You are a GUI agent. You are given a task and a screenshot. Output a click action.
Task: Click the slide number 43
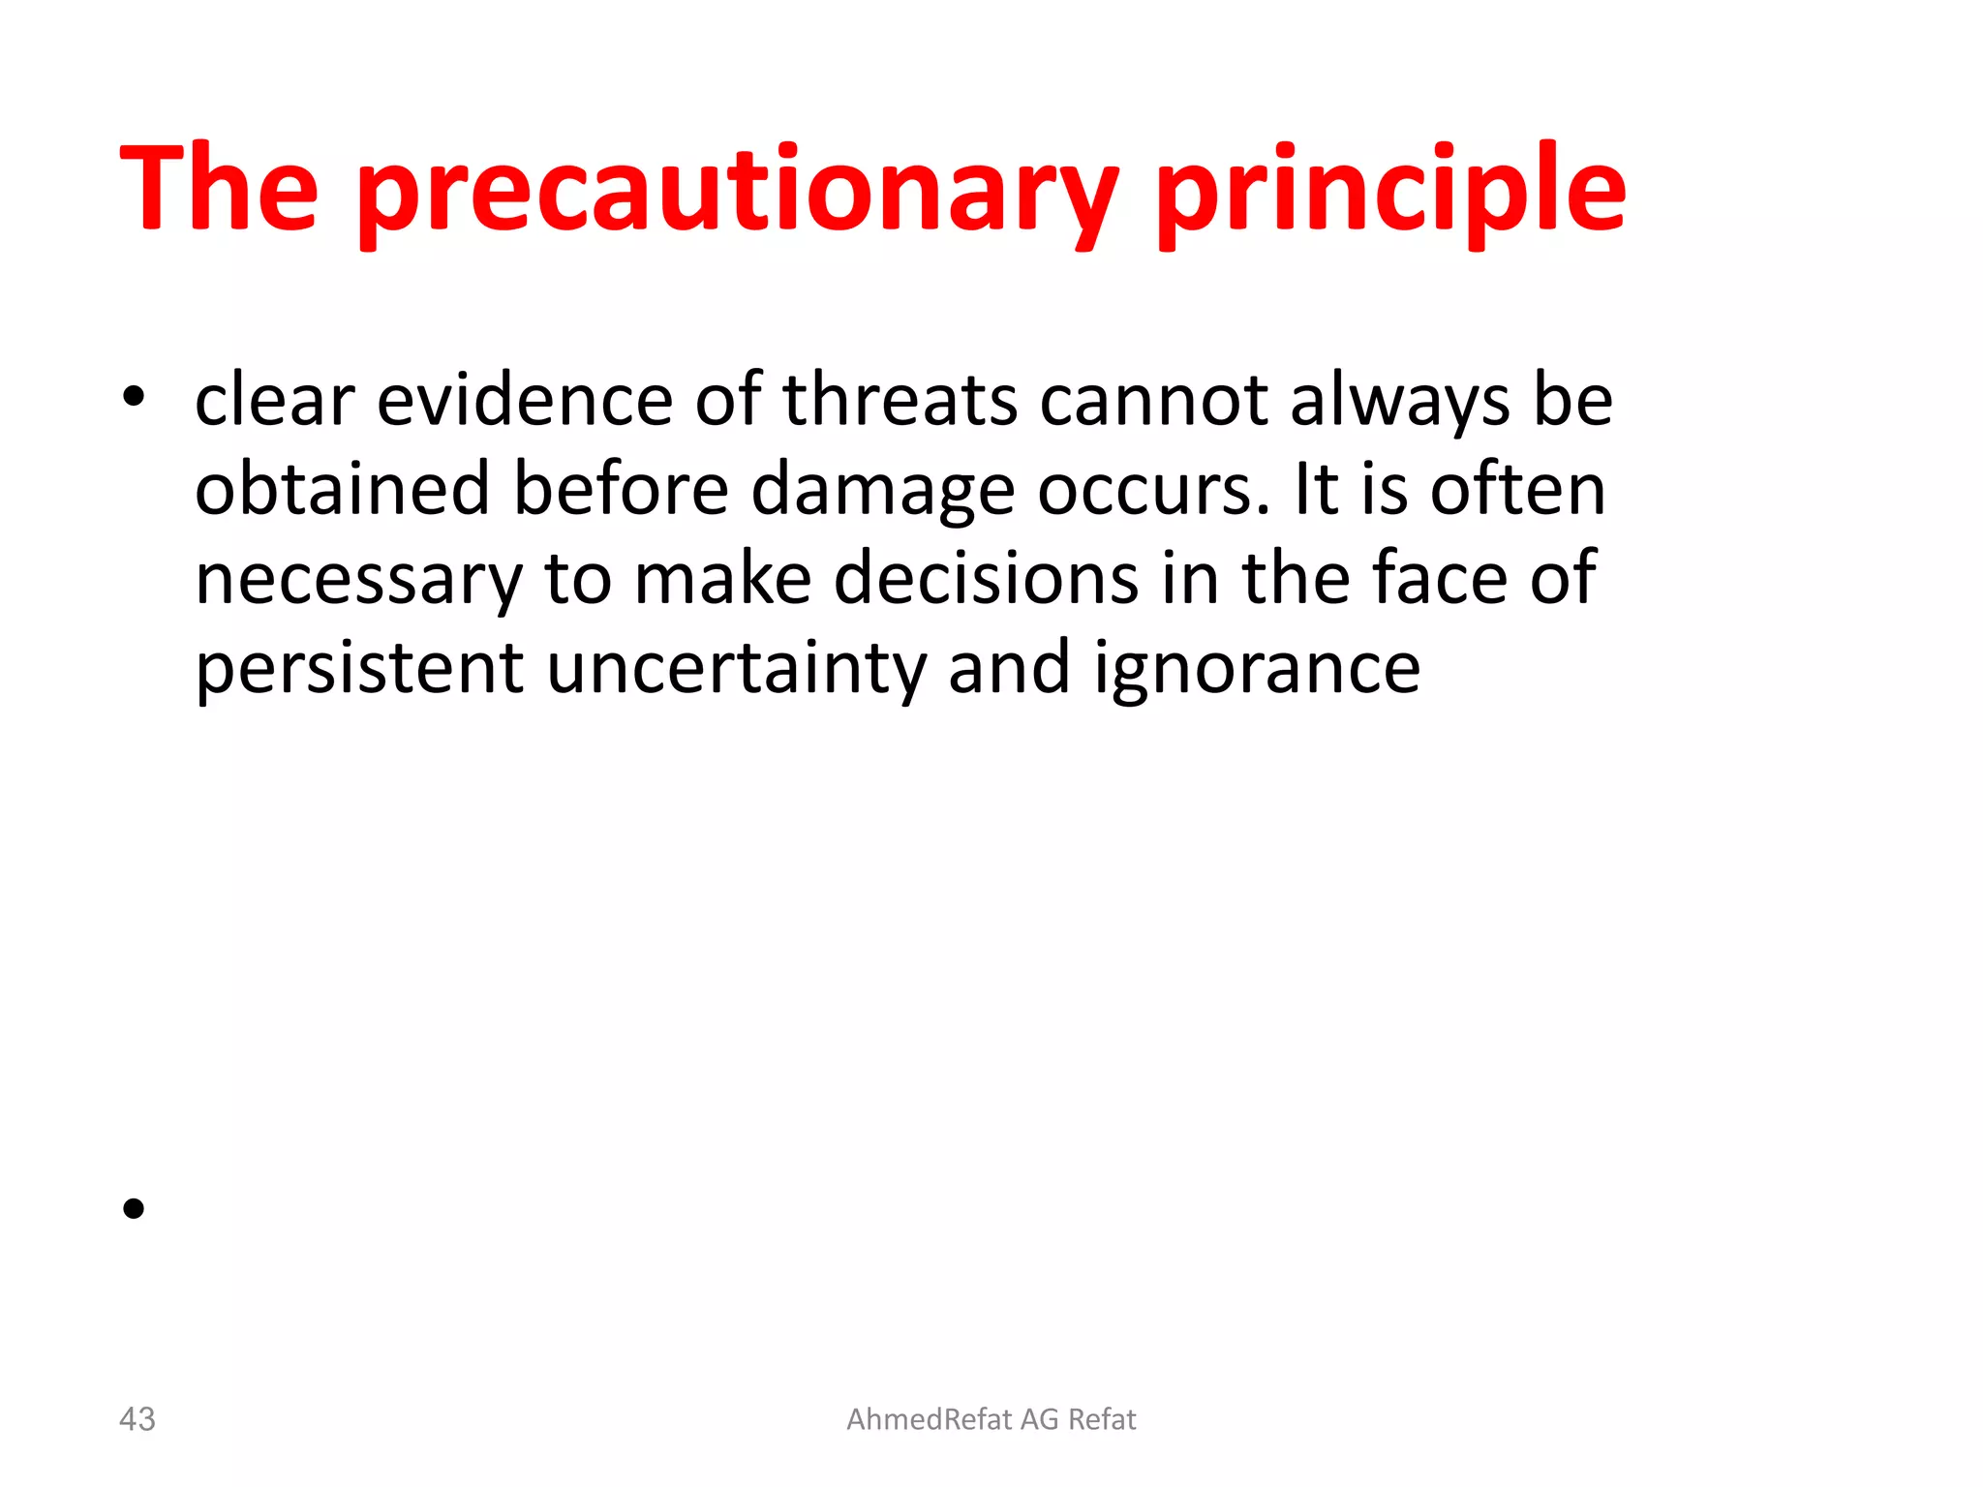tap(137, 1419)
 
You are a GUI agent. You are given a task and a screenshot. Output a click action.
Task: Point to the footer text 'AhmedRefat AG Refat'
tap(991, 1419)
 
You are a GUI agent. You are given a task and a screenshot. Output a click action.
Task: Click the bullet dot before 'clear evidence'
tap(134, 396)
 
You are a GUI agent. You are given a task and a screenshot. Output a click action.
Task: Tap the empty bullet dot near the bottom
tap(134, 1208)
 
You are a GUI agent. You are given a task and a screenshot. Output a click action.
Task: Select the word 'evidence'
tap(524, 400)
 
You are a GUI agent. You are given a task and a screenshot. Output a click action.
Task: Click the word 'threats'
tap(900, 400)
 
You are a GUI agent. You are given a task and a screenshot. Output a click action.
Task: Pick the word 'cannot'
tap(1153, 400)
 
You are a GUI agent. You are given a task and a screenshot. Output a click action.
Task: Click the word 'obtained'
tap(343, 489)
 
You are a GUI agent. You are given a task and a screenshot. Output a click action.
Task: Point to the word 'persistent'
tap(359, 669)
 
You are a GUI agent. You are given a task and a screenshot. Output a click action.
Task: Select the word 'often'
tap(1518, 489)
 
